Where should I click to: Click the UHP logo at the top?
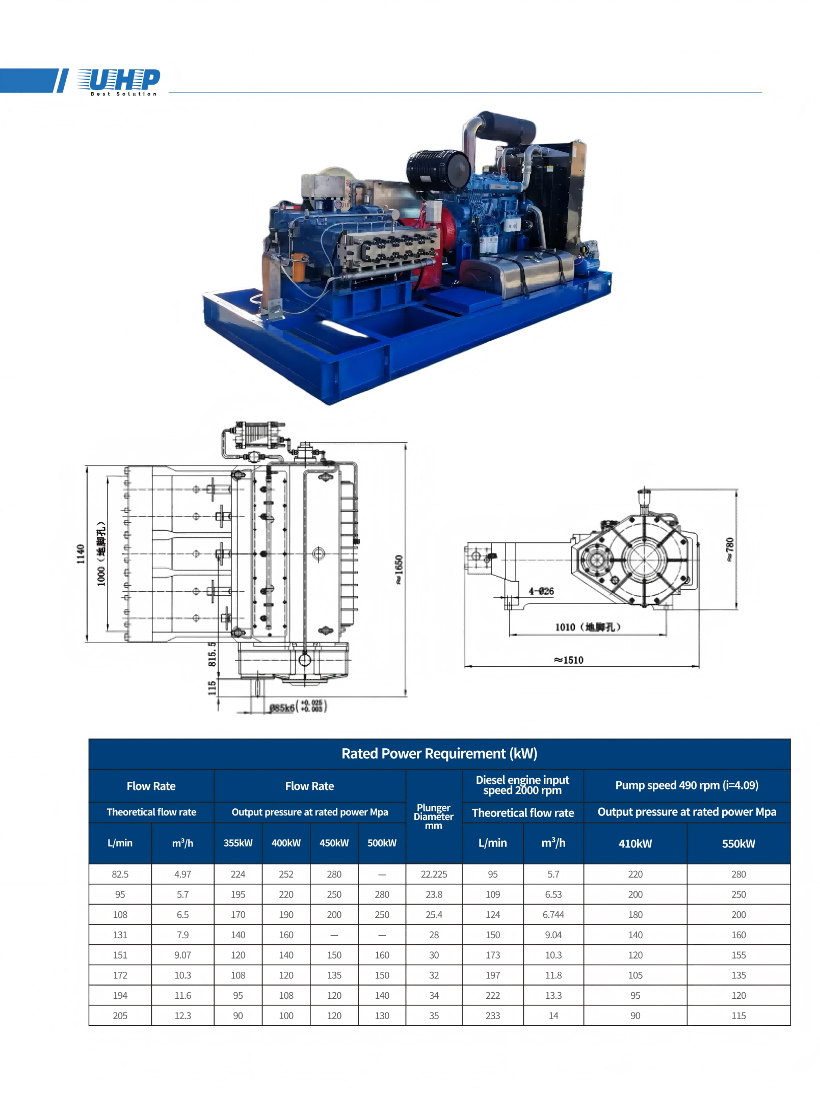[x=118, y=81]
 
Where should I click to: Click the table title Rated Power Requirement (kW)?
[x=439, y=753]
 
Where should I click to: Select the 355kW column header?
[x=237, y=843]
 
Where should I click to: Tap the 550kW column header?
[x=738, y=843]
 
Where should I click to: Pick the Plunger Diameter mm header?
[x=433, y=816]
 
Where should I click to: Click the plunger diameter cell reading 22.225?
[x=434, y=874]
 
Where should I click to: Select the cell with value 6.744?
[x=553, y=915]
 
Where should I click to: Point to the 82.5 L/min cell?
[x=120, y=874]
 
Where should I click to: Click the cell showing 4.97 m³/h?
[x=182, y=874]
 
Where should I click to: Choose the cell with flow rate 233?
[x=492, y=1016]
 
